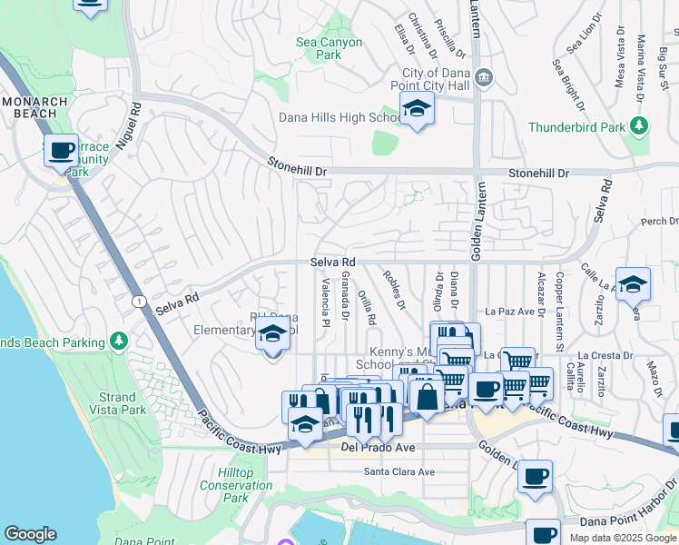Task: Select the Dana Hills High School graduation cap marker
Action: click(x=417, y=109)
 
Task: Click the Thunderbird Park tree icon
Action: click(x=640, y=126)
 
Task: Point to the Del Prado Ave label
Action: click(x=378, y=448)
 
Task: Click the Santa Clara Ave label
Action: click(x=399, y=471)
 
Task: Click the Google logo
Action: click(x=30, y=534)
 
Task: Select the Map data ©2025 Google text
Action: click(x=623, y=538)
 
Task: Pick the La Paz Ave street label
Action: click(x=508, y=311)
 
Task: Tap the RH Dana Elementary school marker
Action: click(x=271, y=334)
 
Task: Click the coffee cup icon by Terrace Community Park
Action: click(x=61, y=151)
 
